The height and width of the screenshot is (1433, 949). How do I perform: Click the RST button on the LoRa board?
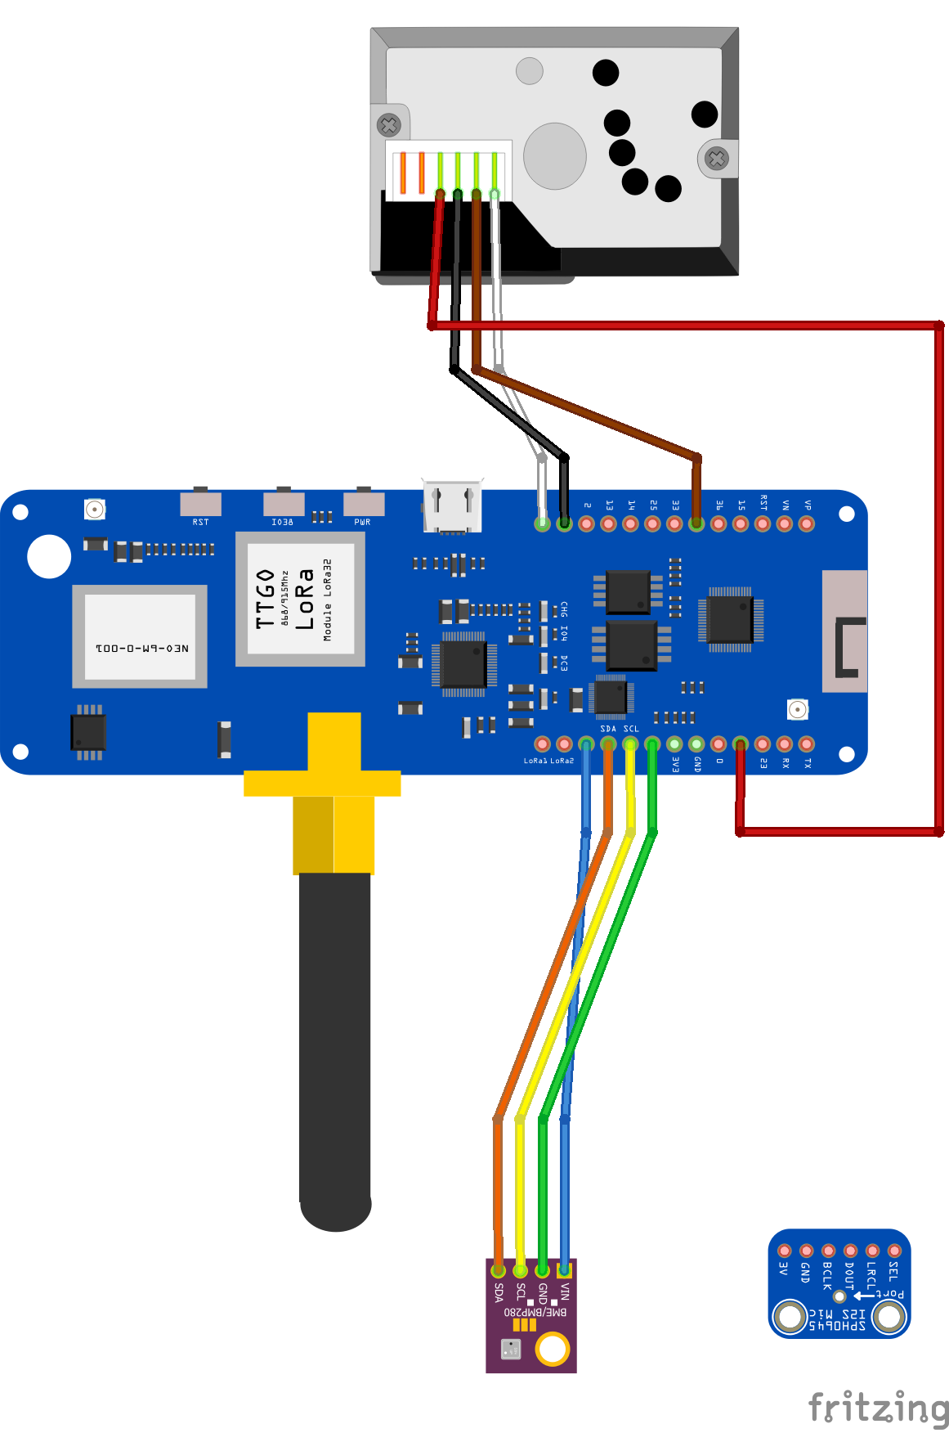[200, 502]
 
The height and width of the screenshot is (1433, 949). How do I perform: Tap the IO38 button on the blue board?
[284, 503]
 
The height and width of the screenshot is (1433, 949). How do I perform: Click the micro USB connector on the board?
[452, 506]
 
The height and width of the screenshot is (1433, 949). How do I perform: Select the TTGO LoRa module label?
[300, 600]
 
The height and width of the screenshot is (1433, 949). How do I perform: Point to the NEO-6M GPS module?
[140, 636]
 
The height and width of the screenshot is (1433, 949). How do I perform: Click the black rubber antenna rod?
[335, 1047]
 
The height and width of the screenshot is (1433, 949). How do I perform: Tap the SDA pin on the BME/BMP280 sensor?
[498, 1270]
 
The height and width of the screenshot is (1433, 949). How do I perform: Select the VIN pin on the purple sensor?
[564, 1270]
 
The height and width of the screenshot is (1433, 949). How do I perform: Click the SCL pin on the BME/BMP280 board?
[520, 1270]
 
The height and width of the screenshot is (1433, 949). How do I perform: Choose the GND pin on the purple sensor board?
[542, 1270]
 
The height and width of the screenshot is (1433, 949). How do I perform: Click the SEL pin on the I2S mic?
[894, 1251]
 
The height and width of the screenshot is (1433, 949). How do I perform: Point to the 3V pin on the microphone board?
[785, 1251]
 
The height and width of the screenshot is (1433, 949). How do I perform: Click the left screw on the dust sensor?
[389, 125]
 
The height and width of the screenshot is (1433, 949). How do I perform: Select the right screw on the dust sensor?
[717, 159]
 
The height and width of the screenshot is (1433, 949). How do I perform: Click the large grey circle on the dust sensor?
[555, 155]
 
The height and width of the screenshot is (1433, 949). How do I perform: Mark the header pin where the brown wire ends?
[696, 523]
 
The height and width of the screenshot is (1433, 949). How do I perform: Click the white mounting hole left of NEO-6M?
[49, 556]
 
